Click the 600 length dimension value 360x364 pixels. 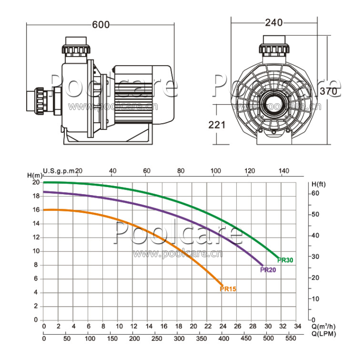[x=101, y=24]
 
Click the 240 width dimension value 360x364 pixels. [x=274, y=23]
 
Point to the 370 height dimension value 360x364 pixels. [x=328, y=91]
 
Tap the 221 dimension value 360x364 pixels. [x=217, y=125]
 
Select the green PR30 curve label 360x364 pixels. [x=285, y=260]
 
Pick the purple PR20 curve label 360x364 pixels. [x=268, y=270]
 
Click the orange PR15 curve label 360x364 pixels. [x=228, y=289]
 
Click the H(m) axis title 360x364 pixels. [x=35, y=175]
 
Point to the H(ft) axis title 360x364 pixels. [x=318, y=184]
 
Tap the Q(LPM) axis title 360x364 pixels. [x=324, y=334]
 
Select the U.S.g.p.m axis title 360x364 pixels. [x=59, y=171]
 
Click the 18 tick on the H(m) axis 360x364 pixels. [x=36, y=196]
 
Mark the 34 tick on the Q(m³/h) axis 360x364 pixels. [x=298, y=326]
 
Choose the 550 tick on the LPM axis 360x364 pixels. [x=290, y=338]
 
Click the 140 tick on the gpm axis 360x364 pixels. [x=283, y=171]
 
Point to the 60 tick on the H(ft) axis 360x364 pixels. [x=316, y=193]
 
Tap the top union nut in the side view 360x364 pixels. [x=76, y=49]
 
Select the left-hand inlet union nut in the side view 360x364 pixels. [x=39, y=101]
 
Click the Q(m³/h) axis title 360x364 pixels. [x=323, y=326]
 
